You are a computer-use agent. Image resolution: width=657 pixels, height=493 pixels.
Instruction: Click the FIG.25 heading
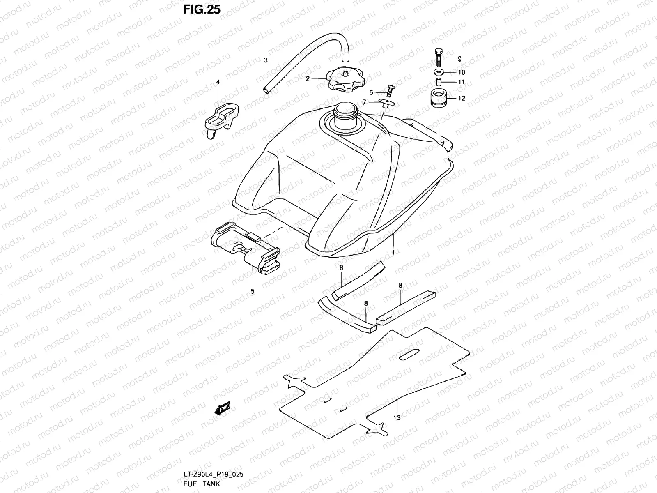(202, 9)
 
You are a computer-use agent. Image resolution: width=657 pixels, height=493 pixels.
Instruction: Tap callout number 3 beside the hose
(266, 60)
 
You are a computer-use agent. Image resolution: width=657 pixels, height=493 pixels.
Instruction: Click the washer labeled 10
(439, 72)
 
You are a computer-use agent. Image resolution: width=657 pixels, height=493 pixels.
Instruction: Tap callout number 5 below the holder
(253, 291)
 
